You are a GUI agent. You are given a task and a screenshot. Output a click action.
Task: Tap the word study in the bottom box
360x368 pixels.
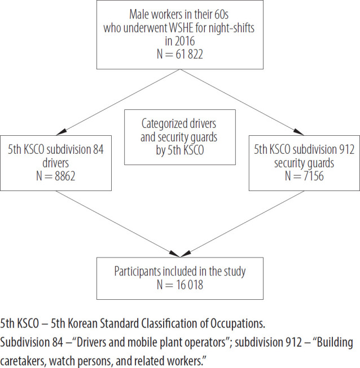click(235, 272)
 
